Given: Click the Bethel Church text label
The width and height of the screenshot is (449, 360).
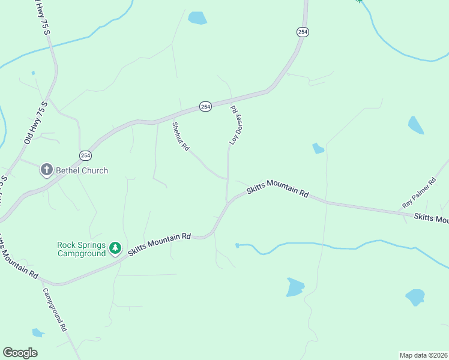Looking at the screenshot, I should tap(82, 170).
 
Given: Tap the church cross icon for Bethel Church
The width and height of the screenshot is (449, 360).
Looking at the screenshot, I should tap(46, 170).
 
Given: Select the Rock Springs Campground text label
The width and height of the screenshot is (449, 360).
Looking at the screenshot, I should tap(81, 249).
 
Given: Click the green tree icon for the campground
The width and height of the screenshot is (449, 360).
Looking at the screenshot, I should tap(115, 248).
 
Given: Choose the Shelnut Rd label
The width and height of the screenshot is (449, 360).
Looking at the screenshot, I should tap(181, 136).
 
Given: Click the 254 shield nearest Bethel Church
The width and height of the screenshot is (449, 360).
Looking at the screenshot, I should tap(85, 154).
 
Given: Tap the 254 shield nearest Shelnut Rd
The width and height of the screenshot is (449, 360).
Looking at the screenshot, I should tap(205, 106).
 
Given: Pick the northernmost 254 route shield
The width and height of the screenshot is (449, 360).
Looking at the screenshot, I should tap(303, 32).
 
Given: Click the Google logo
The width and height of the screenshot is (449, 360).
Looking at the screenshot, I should tap(20, 353).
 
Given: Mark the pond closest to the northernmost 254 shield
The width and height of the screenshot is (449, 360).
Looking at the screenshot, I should tap(197, 18).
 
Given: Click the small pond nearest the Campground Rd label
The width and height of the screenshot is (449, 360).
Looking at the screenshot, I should tap(38, 332).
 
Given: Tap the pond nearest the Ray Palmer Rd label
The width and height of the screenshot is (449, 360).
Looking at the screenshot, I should tap(415, 125).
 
